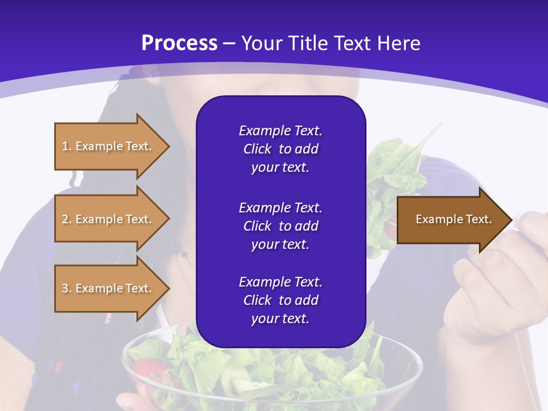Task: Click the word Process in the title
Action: click(179, 43)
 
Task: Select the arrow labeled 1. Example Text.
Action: click(108, 146)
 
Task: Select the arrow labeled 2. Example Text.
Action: click(108, 219)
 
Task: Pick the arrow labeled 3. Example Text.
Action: click(108, 288)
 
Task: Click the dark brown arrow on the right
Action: click(451, 220)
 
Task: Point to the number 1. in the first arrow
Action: click(67, 146)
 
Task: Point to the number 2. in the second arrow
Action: click(67, 219)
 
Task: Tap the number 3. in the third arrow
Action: click(67, 288)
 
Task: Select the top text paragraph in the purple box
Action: click(280, 149)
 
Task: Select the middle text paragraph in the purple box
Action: click(280, 226)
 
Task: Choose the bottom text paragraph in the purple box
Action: click(280, 300)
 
